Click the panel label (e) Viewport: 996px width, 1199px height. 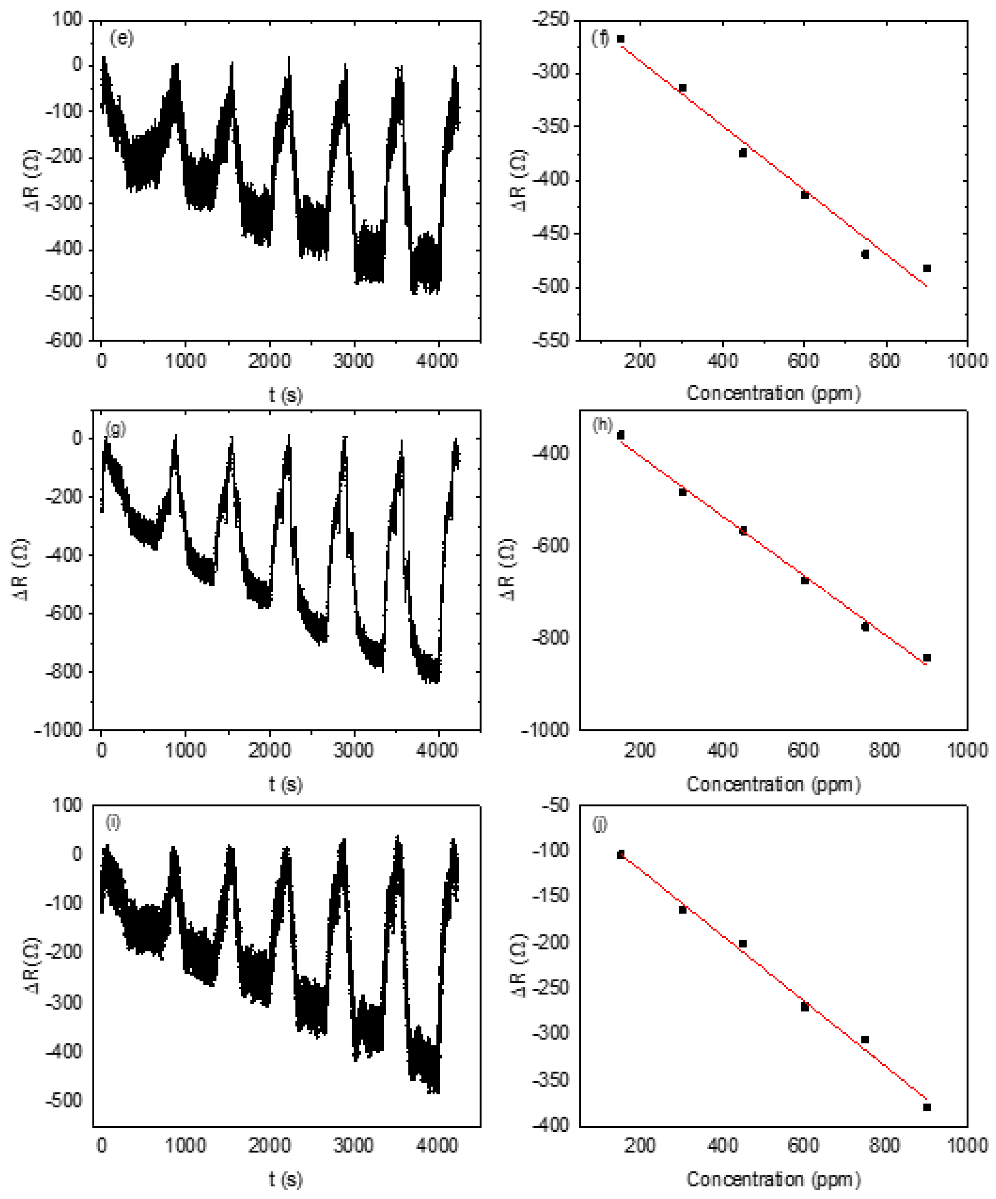click(x=121, y=39)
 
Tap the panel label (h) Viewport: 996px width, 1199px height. click(x=602, y=425)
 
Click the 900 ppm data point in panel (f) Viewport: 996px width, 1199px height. click(x=927, y=268)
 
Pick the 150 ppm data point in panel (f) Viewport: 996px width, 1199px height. click(x=621, y=39)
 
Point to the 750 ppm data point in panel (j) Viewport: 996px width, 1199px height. click(x=865, y=1040)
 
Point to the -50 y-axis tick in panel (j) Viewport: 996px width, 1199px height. click(x=554, y=806)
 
